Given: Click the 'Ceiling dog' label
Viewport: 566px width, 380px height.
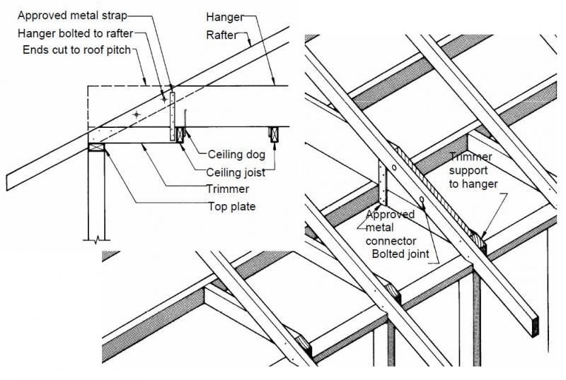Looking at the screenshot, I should tap(237, 153).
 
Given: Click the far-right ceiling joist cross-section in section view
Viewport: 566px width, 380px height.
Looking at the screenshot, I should tap(273, 132).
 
